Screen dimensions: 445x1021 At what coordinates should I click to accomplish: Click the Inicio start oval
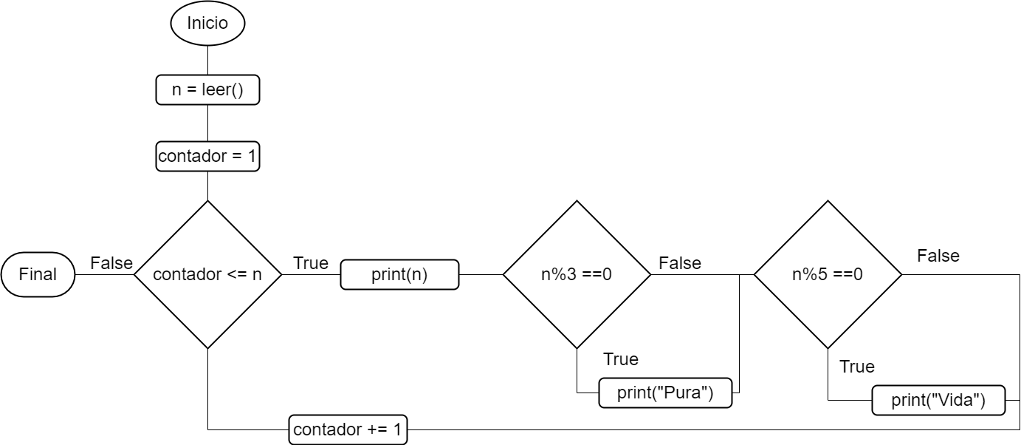[207, 24]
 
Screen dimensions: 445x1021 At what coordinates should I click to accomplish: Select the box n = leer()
[207, 90]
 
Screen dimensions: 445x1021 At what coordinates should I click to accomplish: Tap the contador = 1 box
[207, 157]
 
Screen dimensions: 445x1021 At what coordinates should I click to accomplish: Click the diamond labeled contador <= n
[207, 274]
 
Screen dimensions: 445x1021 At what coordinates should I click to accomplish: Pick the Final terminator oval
[38, 274]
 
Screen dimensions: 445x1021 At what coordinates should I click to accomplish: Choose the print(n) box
[399, 275]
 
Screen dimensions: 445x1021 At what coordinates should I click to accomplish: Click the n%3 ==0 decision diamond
[577, 274]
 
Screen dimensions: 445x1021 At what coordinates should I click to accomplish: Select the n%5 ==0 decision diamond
[828, 274]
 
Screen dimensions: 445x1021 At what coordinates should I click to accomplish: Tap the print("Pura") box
[665, 393]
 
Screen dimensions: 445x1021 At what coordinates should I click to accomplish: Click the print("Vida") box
[938, 401]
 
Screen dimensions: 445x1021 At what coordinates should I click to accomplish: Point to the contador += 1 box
[348, 429]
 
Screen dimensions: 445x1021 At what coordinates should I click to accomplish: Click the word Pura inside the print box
[684, 393]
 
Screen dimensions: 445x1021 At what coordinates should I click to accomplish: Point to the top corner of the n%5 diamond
[828, 204]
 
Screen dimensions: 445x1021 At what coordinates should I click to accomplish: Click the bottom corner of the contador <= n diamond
[207, 345]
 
